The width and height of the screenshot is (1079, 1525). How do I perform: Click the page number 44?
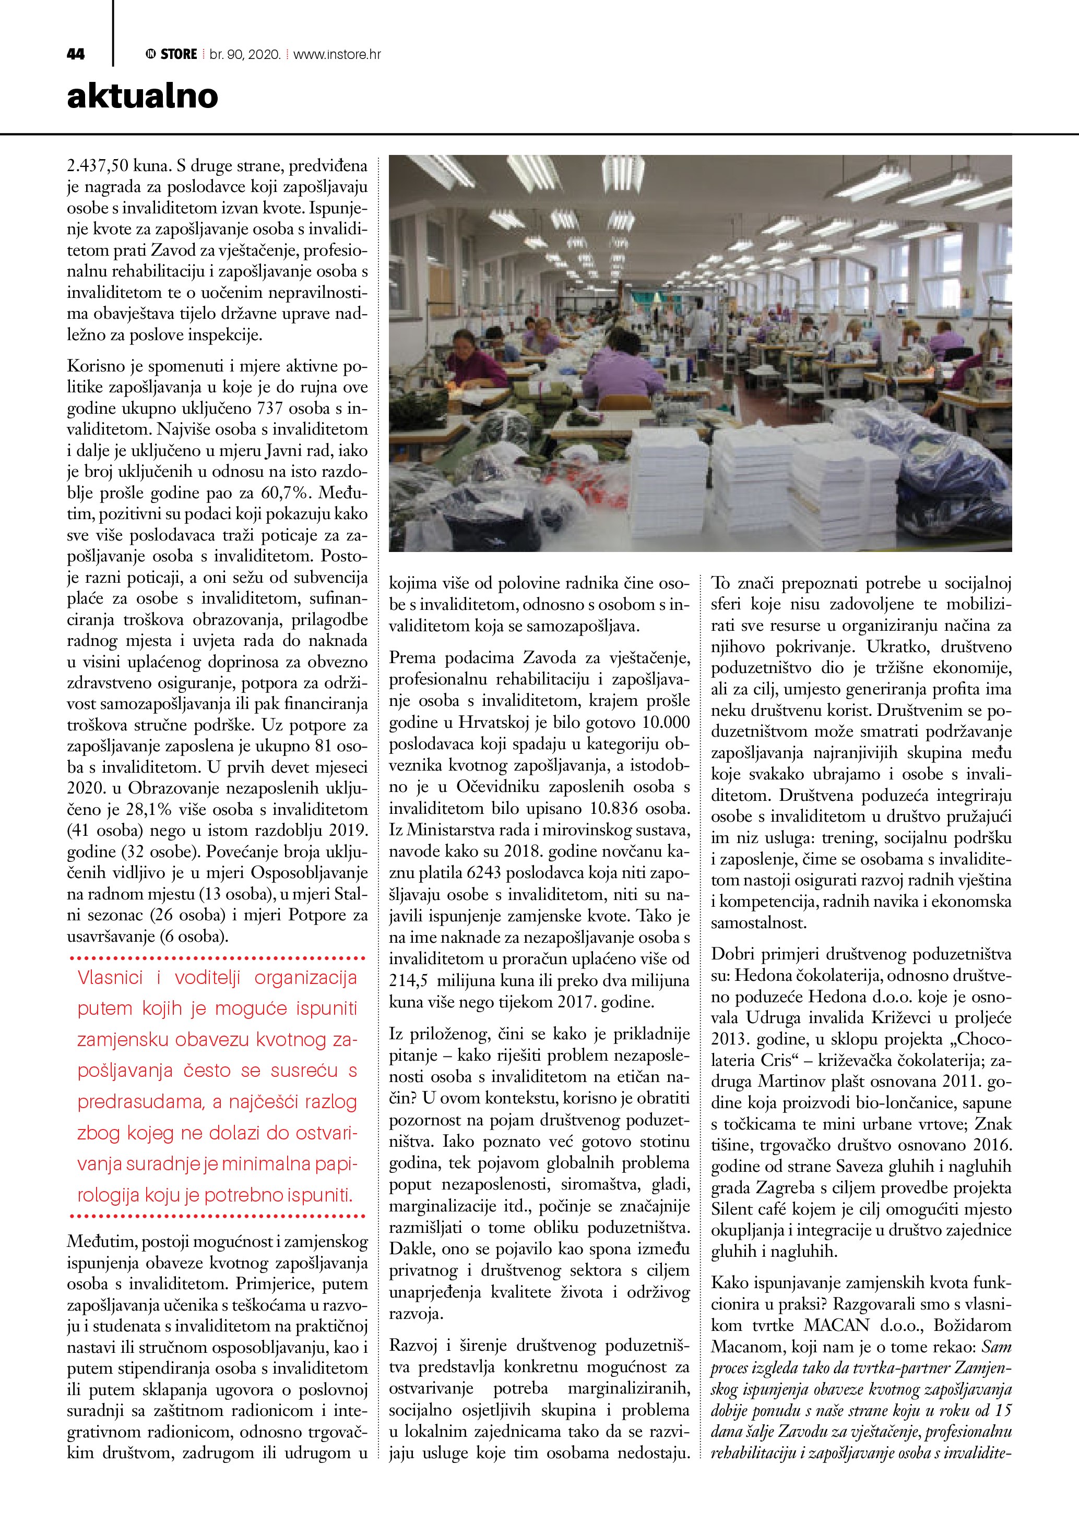point(76,54)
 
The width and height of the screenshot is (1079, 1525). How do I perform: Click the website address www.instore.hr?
point(337,54)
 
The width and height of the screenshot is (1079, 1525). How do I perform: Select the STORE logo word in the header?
point(179,54)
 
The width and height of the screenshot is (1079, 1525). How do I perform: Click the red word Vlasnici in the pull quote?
point(110,977)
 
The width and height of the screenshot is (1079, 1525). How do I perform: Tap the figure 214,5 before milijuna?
point(407,980)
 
